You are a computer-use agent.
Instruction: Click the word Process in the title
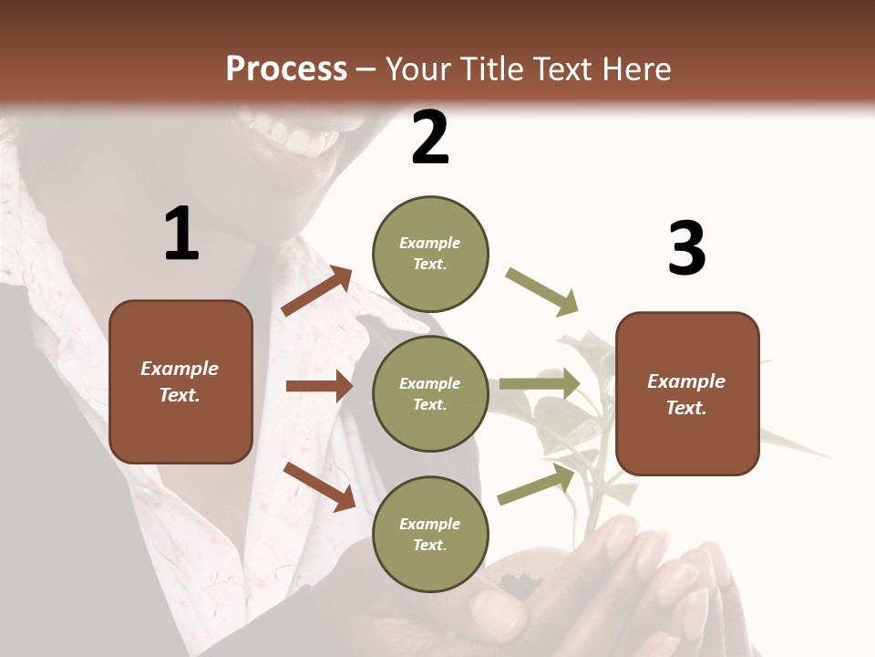click(x=286, y=69)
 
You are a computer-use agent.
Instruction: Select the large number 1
click(x=181, y=235)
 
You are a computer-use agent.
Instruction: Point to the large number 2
click(x=430, y=138)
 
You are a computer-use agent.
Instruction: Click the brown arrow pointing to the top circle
click(x=317, y=291)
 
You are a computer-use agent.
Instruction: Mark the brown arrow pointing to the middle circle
click(x=319, y=386)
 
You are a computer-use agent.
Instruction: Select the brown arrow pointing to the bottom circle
click(x=319, y=485)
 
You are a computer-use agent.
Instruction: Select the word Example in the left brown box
click(x=180, y=369)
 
